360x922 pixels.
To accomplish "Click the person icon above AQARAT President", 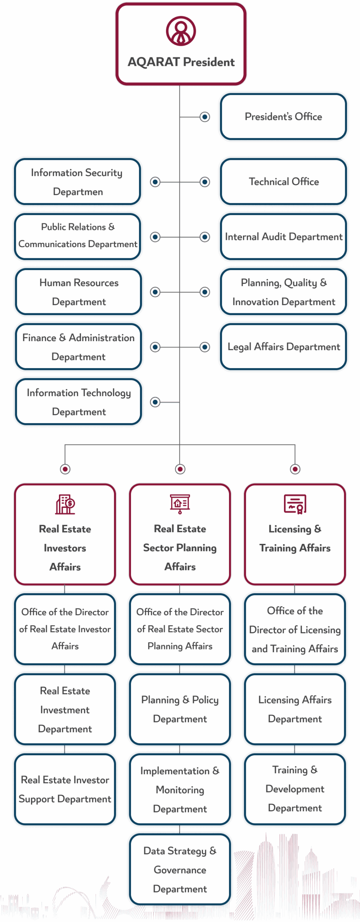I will tap(181, 31).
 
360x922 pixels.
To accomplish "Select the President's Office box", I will tap(283, 117).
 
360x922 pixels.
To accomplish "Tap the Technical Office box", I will tap(283, 182).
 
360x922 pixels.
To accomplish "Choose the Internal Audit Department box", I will tap(283, 237).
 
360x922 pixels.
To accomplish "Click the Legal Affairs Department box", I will tap(283, 347).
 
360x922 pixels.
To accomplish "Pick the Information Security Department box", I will tap(77, 182).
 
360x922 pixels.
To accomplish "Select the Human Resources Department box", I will tap(78, 292).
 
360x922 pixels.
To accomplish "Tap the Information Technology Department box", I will tap(78, 402).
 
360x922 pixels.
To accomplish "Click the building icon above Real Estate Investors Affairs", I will tap(65, 504).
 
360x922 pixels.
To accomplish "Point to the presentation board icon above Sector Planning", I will tap(180, 504).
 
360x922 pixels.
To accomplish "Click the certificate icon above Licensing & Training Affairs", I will tap(295, 504).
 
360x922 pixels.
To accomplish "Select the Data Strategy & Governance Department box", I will tap(180, 869).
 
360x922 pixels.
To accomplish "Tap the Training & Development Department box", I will tap(295, 789).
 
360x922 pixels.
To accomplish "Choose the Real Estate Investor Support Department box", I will tap(65, 789).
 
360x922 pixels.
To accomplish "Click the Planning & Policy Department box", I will tap(180, 709).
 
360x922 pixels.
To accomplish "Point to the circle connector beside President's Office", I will tap(205, 117).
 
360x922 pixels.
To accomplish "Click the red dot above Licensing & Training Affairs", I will tap(295, 469).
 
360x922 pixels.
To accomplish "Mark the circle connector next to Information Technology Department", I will tap(155, 402).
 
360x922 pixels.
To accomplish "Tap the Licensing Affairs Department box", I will tap(295, 709).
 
